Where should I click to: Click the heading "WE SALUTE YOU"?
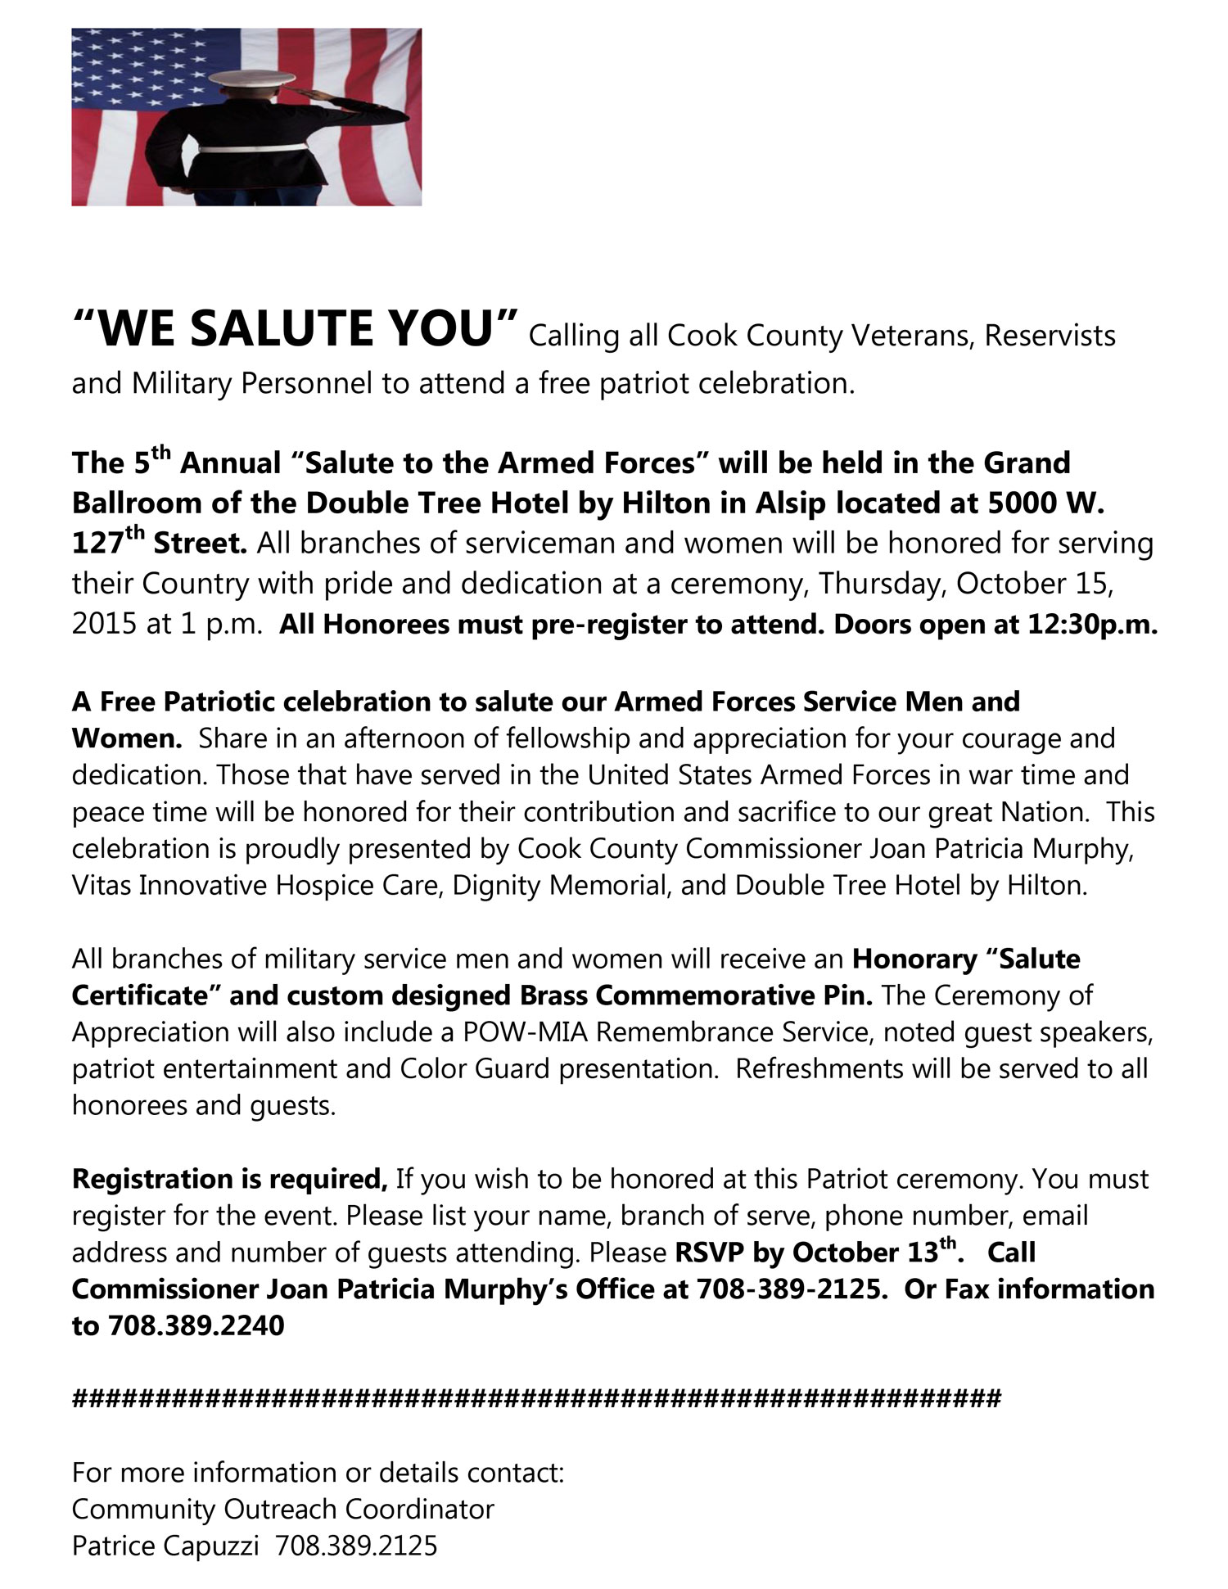point(296,329)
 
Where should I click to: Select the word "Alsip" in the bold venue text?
point(791,503)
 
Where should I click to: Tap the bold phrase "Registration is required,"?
point(230,1179)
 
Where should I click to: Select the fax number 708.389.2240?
point(196,1325)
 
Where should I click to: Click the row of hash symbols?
point(536,1398)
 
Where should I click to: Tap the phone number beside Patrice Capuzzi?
point(356,1546)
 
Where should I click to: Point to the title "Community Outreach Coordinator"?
point(283,1509)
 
